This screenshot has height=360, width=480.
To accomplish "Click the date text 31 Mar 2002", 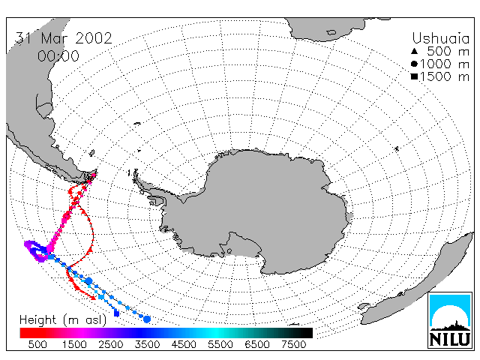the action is click(x=64, y=38).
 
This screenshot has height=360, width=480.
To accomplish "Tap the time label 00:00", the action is click(x=58, y=56).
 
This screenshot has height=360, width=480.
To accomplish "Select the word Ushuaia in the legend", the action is click(x=440, y=38).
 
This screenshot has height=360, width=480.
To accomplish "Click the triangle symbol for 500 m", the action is click(x=414, y=51).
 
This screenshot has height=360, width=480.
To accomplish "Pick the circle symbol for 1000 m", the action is click(x=414, y=64).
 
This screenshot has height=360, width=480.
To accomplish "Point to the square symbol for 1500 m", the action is click(x=414, y=76).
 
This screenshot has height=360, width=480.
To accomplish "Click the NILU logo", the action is click(x=450, y=320).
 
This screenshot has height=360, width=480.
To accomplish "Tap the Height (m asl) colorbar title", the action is click(x=63, y=320).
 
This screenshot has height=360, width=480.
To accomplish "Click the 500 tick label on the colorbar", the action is click(x=37, y=344).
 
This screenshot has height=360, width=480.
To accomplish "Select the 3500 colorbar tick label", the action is click(x=147, y=344).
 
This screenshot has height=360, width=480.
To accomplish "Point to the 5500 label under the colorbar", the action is click(x=220, y=344).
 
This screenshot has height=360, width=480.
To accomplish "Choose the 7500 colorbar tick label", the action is click(x=293, y=344).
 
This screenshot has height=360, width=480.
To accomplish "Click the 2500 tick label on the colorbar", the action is click(x=111, y=344).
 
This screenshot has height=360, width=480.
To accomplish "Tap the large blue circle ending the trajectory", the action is click(x=147, y=319).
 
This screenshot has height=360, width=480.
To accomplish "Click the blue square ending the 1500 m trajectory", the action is click(x=116, y=313).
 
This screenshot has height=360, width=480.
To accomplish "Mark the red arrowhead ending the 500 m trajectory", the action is click(x=93, y=297).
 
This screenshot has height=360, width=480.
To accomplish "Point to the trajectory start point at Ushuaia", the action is click(x=94, y=175).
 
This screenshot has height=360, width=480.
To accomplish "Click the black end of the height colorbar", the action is click(x=303, y=333).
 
